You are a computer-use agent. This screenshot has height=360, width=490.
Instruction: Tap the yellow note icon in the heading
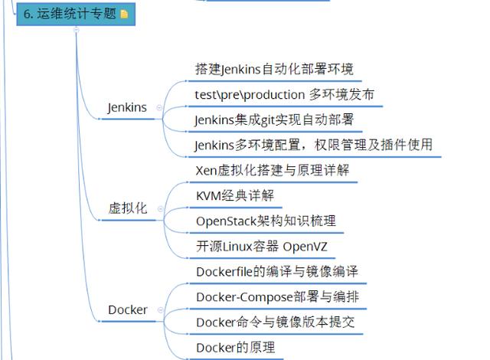(x=125, y=14)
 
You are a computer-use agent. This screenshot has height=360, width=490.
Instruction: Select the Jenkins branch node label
(x=127, y=108)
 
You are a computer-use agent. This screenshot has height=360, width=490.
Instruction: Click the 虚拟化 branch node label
(x=127, y=208)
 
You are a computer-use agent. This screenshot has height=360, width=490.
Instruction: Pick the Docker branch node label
(x=127, y=310)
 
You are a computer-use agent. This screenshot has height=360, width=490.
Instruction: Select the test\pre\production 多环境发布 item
(x=284, y=95)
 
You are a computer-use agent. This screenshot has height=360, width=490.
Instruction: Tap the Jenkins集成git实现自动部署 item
(x=273, y=119)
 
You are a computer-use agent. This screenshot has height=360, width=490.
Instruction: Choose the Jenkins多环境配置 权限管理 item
(x=313, y=145)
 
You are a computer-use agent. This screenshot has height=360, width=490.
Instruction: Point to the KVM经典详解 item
(x=234, y=196)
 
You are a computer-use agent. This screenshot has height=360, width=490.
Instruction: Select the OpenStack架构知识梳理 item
(x=265, y=221)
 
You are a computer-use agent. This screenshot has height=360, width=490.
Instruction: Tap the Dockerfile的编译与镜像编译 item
(x=276, y=272)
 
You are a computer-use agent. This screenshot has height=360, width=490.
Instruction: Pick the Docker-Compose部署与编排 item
(x=277, y=297)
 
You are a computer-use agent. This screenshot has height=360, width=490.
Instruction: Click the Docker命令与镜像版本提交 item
(x=275, y=322)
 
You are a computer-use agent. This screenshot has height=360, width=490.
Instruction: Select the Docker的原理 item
(x=234, y=348)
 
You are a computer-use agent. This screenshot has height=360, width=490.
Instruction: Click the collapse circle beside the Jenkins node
(x=158, y=108)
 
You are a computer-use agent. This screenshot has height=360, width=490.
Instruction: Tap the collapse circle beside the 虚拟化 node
(x=158, y=209)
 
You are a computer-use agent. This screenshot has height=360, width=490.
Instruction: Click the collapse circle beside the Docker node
(x=158, y=310)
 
